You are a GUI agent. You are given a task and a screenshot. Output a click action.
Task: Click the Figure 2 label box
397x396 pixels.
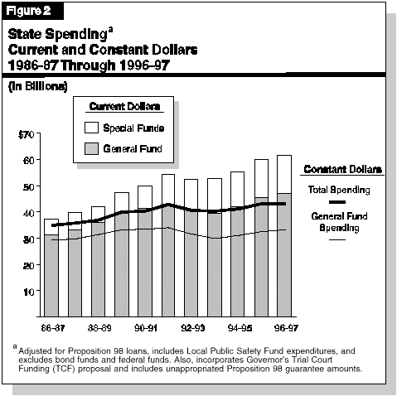[32, 11]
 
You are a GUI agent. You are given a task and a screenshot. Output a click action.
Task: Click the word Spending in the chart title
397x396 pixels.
[76, 35]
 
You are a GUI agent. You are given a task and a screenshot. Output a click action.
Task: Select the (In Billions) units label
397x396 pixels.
[38, 87]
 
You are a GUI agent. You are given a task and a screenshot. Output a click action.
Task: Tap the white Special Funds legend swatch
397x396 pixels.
[91, 128]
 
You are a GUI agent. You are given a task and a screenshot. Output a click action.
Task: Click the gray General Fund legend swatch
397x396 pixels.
[91, 148]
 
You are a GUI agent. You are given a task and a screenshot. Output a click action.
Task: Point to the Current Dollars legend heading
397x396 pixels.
[124, 107]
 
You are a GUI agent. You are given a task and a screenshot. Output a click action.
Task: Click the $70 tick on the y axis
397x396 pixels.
[27, 135]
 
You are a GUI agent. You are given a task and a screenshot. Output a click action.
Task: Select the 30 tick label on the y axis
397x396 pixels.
[28, 239]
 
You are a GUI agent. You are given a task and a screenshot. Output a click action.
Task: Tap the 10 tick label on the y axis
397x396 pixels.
[29, 292]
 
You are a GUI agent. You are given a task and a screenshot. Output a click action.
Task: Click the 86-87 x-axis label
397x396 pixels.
[53, 328]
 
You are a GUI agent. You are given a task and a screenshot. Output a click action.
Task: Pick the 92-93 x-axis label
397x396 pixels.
[193, 328]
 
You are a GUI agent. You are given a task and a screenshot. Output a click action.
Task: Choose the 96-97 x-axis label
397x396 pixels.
[286, 328]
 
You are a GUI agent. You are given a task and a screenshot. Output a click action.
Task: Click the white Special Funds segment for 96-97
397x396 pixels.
[284, 174]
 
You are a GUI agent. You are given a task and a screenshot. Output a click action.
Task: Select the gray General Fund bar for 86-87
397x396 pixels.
[51, 276]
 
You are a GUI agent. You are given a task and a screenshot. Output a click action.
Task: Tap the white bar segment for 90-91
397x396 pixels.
[145, 197]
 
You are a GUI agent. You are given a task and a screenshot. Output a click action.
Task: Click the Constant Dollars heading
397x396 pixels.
[342, 169]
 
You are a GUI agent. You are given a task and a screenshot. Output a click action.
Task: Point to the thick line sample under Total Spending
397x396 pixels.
[337, 202]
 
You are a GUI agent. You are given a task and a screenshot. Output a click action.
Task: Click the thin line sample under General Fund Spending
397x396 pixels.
[337, 239]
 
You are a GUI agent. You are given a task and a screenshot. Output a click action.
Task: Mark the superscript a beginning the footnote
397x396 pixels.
[15, 346]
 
